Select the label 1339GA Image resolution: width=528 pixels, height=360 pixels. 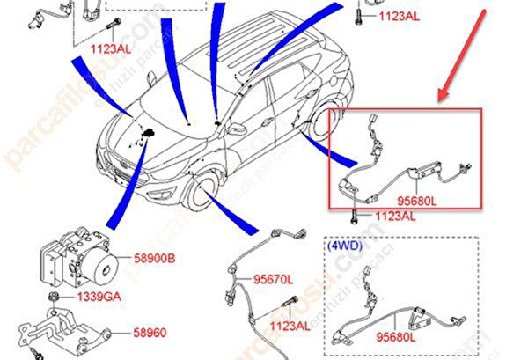click(x=99, y=297)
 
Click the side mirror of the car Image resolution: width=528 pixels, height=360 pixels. click(x=237, y=129)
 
